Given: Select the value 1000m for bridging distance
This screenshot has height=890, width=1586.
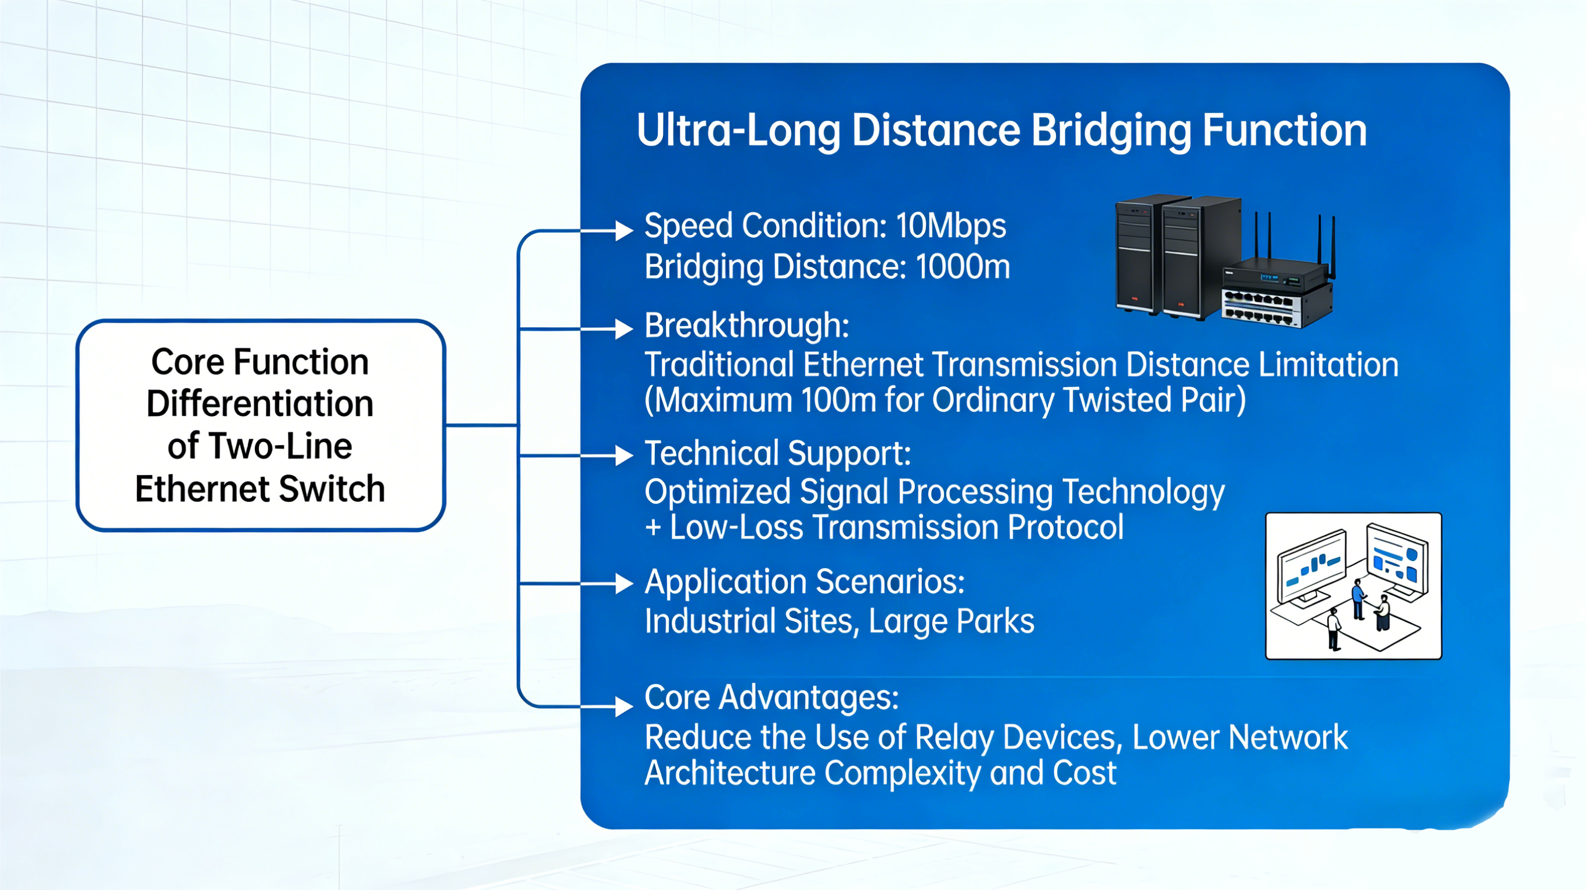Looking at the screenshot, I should (x=963, y=267).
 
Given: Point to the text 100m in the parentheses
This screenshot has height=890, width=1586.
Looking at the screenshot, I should (x=838, y=400).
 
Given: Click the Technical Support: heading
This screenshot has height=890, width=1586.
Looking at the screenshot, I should (x=777, y=454).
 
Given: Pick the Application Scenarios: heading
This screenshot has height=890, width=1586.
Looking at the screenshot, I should (x=804, y=582).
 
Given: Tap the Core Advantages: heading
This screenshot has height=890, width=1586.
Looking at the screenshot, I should (x=772, y=697).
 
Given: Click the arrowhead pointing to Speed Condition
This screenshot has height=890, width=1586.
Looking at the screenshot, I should (x=623, y=231).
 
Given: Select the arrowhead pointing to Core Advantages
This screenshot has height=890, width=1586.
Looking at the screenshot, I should (x=623, y=707).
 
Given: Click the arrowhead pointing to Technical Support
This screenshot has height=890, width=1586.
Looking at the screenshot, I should (x=623, y=455).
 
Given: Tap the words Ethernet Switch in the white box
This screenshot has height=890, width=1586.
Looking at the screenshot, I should (x=260, y=489).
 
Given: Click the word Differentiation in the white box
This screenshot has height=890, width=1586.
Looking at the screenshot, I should (x=260, y=404).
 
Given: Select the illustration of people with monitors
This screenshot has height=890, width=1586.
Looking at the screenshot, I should (x=1353, y=586).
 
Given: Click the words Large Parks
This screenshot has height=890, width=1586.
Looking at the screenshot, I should (x=951, y=621).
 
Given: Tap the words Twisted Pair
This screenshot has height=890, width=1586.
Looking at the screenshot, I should (x=1146, y=400).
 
